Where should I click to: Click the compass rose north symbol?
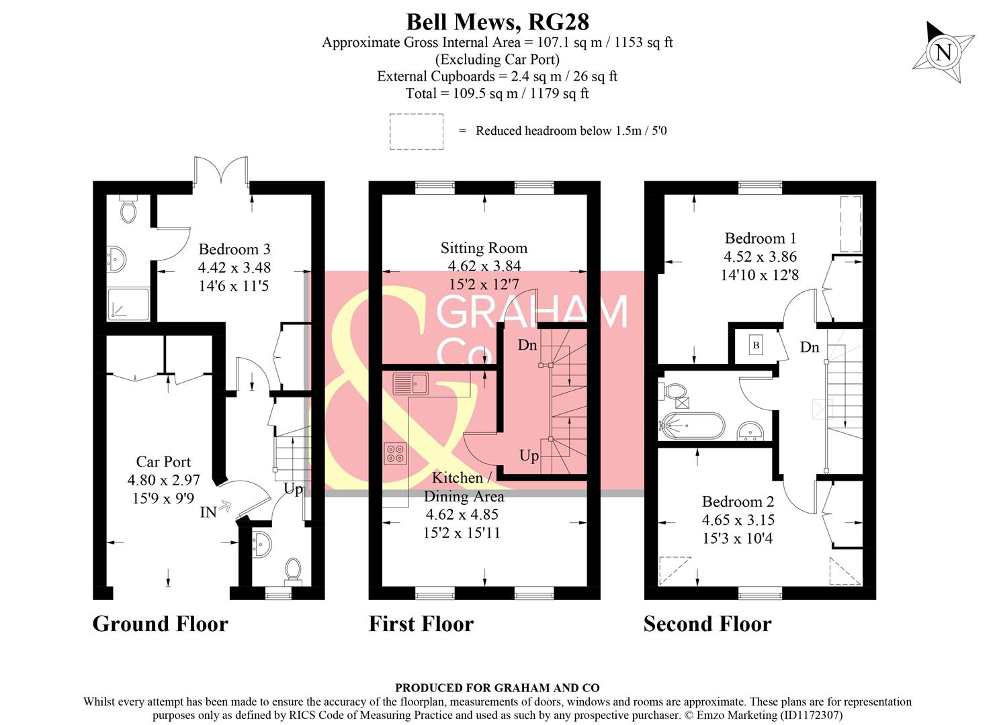pos(943,52)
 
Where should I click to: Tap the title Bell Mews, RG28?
pos(497,21)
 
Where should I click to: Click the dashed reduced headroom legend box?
pos(416,131)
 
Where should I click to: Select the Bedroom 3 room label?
pos(234,249)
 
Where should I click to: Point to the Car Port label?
pos(163,462)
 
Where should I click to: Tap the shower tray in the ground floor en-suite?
pos(128,303)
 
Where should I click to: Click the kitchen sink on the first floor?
pos(410,383)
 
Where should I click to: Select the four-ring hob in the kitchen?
pos(395,453)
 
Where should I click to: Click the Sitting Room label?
pos(484,248)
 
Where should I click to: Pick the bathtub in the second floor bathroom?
pos(692,425)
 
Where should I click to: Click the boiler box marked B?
pos(756,345)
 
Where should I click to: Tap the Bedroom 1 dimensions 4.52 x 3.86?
pos(759,256)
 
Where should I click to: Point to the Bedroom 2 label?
pos(738,501)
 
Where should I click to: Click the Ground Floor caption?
pos(160,624)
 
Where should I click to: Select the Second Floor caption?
pos(707,624)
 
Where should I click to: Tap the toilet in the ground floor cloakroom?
pos(293,569)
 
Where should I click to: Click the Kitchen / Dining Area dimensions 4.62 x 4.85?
pos(462,515)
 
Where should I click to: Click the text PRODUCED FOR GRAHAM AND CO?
pos(497,687)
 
